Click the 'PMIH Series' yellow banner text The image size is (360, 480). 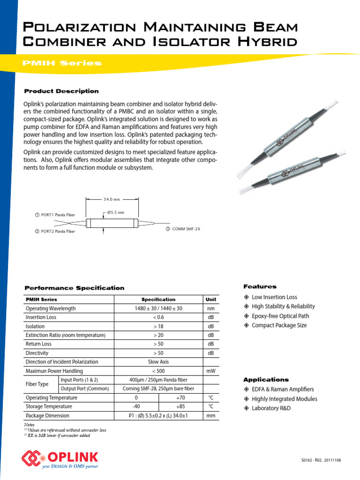pyautogui.click(x=62, y=63)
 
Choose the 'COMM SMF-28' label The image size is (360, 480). pyautogui.click(x=183, y=229)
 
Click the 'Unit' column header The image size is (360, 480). pyautogui.click(x=211, y=300)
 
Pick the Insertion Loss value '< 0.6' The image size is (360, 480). pyautogui.click(x=158, y=317)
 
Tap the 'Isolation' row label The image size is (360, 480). pyautogui.click(x=36, y=326)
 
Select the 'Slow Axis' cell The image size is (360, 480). pyautogui.click(x=158, y=362)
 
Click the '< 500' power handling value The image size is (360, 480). pyautogui.click(x=158, y=371)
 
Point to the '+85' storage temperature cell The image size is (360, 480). pyautogui.click(x=180, y=406)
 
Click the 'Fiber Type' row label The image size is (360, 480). pyautogui.click(x=37, y=384)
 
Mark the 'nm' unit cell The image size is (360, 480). pyautogui.click(x=211, y=308)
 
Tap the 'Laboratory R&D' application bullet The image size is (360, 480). pyautogui.click(x=271, y=408)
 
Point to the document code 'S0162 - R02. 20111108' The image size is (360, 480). pyautogui.click(x=321, y=460)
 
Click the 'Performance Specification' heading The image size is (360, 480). pyautogui.click(x=74, y=288)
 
